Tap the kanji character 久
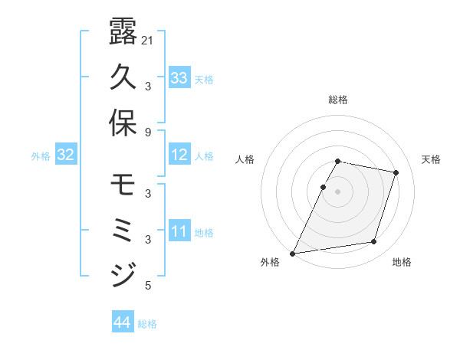[x=123, y=77]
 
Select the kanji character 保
[x=123, y=123]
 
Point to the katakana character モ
[x=123, y=185]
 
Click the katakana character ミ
[x=123, y=230]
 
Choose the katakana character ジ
[x=123, y=274]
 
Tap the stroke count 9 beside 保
[x=148, y=132]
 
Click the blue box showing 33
[x=179, y=77]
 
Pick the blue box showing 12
[x=179, y=155]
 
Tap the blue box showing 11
[x=179, y=231]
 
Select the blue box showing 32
[x=66, y=155]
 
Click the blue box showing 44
[x=123, y=322]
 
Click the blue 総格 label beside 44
[x=147, y=324]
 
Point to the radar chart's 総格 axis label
[x=338, y=100]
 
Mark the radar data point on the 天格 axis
[x=396, y=173]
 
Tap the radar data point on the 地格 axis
[x=374, y=242]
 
